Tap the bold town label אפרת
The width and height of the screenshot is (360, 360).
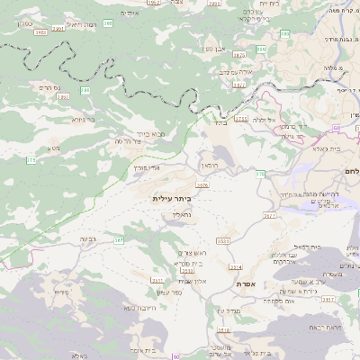coord(247,283)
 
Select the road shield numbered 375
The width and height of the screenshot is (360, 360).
coord(31,160)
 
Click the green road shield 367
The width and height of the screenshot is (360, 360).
coord(119,241)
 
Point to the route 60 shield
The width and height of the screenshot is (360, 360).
coord(350,115)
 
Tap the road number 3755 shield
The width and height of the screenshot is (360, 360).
coord(240,118)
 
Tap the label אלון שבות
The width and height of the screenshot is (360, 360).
coord(192,281)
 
